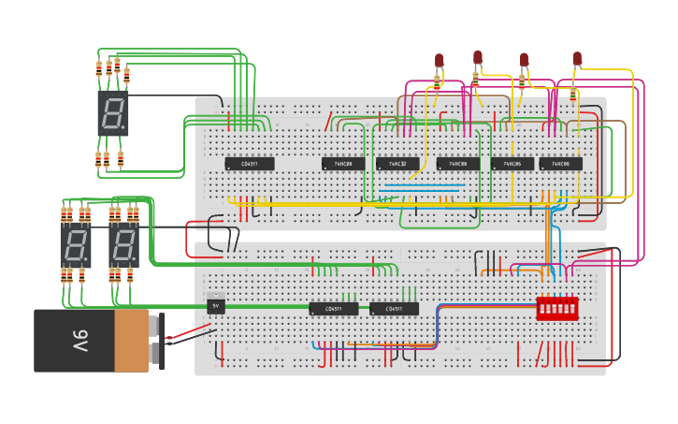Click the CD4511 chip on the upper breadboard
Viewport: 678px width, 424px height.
click(250, 164)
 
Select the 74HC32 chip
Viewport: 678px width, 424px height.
click(397, 164)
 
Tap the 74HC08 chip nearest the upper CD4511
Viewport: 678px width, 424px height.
click(343, 164)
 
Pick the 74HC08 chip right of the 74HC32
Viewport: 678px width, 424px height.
click(457, 164)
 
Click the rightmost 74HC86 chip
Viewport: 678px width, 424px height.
click(560, 164)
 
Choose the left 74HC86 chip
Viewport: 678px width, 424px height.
click(512, 164)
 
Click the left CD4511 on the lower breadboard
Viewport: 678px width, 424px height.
click(333, 309)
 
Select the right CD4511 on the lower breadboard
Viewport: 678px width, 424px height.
click(394, 309)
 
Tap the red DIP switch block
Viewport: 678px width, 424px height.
click(556, 308)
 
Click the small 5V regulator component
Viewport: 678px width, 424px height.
click(216, 306)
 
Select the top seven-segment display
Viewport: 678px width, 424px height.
click(112, 113)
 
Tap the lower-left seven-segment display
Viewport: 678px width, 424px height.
click(75, 246)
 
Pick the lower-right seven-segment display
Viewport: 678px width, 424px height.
click(123, 246)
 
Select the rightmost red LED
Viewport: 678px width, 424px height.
click(577, 59)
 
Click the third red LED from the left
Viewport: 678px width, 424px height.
click(524, 59)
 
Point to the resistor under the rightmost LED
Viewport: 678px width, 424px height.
click(572, 94)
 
